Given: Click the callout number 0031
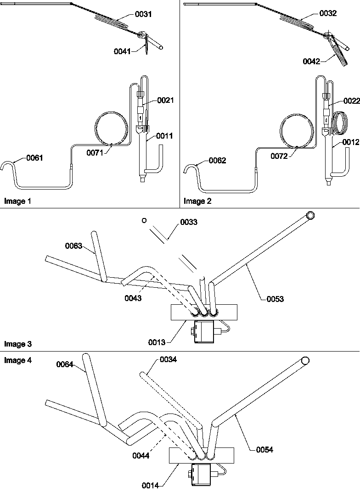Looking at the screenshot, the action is pyautogui.click(x=143, y=14).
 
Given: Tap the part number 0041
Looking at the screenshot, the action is pyautogui.click(x=122, y=51).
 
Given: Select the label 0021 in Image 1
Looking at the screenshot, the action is pyautogui.click(x=165, y=100).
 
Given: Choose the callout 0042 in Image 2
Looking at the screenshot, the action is pyautogui.click(x=311, y=61).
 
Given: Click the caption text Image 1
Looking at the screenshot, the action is pyautogui.click(x=17, y=201).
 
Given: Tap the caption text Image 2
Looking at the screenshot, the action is pyautogui.click(x=197, y=201).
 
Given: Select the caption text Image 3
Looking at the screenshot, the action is pyautogui.click(x=18, y=344).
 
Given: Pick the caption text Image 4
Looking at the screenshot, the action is pyautogui.click(x=18, y=360).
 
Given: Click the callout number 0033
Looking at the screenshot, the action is pyautogui.click(x=189, y=222).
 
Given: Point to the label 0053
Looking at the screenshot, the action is pyautogui.click(x=275, y=299).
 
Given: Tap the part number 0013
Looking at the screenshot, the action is pyautogui.click(x=157, y=342).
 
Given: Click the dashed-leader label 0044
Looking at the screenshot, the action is pyautogui.click(x=141, y=456).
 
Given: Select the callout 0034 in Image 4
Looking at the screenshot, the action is pyautogui.click(x=168, y=359).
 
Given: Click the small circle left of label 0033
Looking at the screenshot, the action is pyautogui.click(x=144, y=221).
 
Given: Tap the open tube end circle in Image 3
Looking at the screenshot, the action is pyautogui.click(x=310, y=216).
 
